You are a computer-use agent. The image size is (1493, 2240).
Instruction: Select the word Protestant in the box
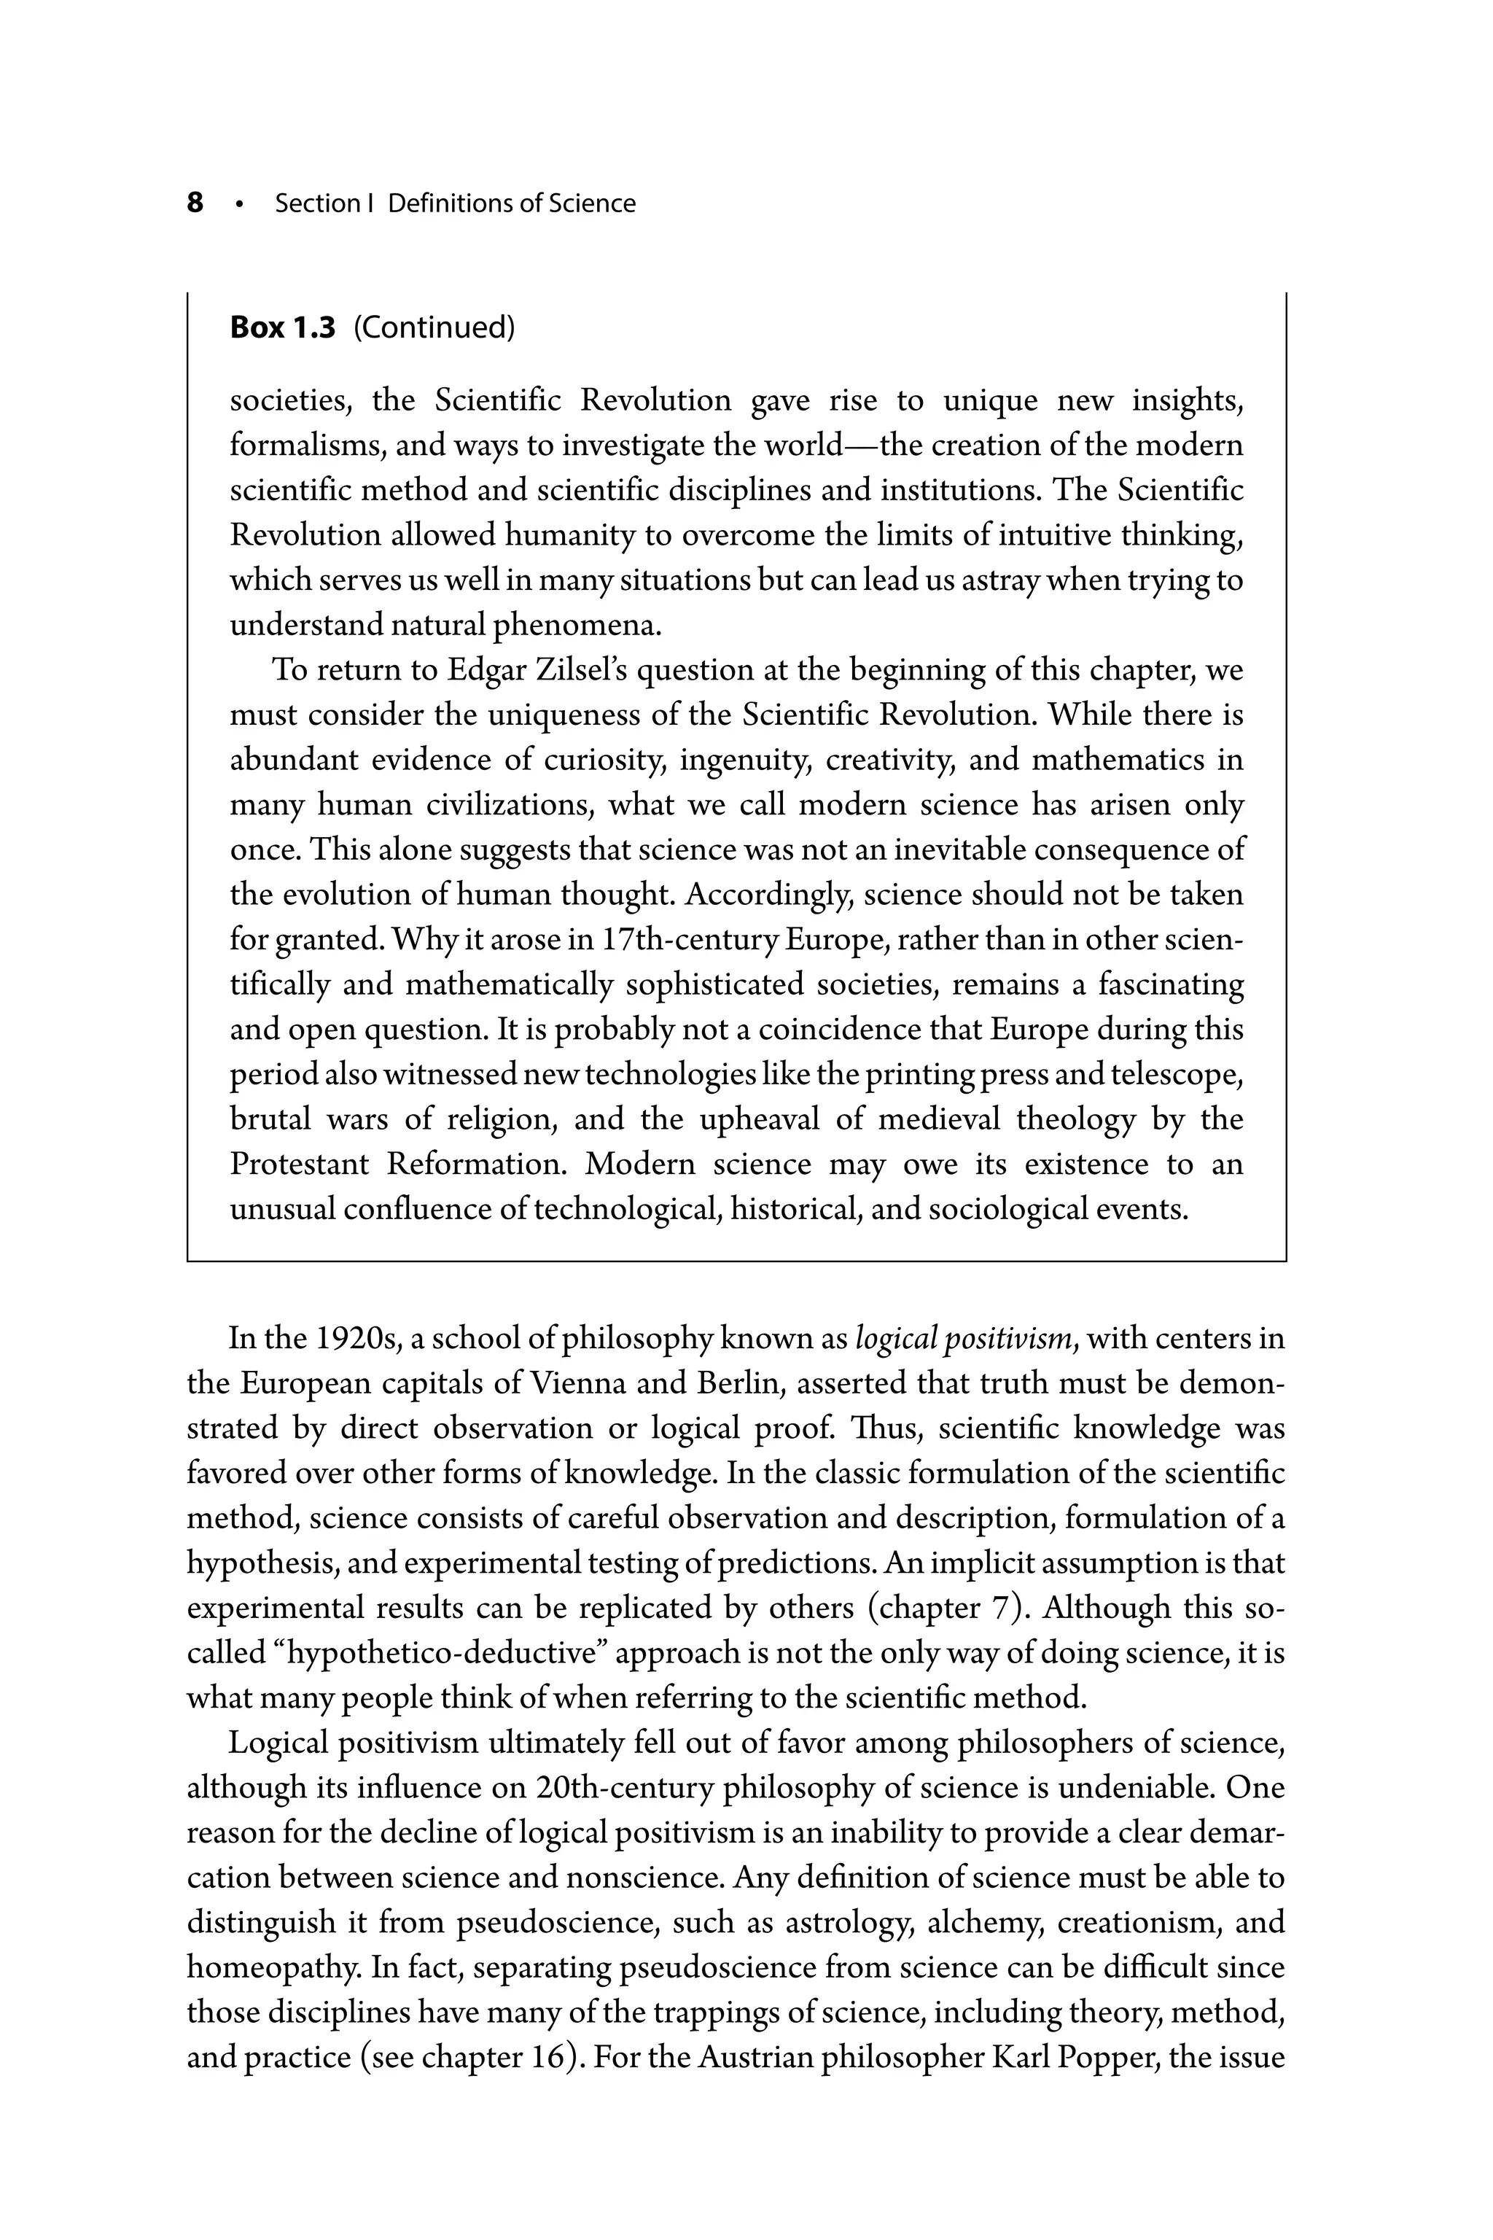point(300,1164)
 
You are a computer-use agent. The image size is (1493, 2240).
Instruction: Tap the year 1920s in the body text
point(356,1339)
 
